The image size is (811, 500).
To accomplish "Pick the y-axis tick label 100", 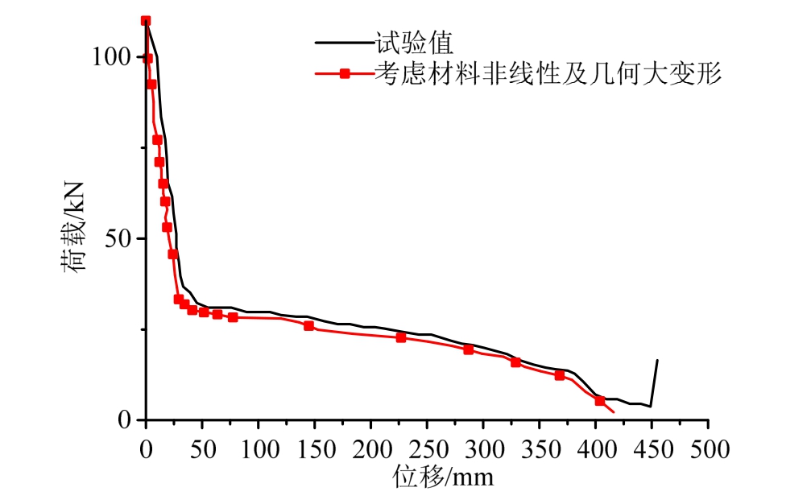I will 110,57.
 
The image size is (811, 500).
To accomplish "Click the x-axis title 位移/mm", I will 442,477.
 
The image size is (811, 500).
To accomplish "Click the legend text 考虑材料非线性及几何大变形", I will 547,74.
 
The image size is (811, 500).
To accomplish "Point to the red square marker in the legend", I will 344,74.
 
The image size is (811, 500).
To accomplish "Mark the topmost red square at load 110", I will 146,21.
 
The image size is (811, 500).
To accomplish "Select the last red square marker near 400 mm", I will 600,400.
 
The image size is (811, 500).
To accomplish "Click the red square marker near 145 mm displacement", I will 308,325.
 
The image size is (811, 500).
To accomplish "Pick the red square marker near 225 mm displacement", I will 401,337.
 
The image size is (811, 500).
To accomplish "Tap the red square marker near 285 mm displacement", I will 468,349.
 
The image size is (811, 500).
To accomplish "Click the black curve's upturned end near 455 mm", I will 657,362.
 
